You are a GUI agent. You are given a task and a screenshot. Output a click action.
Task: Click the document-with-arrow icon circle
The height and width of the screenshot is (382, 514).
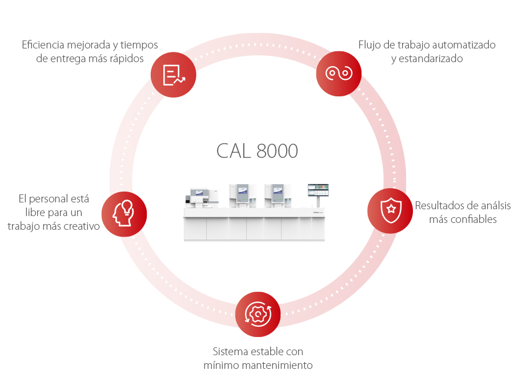coord(174,75)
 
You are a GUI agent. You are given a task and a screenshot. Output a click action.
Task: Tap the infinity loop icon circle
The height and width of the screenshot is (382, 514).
coord(339,74)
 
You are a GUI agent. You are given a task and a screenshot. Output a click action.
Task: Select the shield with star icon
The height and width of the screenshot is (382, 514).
coord(390,210)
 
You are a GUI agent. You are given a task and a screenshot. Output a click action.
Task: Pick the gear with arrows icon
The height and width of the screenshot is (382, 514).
coord(258,314)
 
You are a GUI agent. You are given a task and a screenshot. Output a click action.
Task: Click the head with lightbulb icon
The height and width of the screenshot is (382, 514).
coord(124,214)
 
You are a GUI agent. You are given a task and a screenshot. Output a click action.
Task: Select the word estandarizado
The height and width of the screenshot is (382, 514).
coord(427,58)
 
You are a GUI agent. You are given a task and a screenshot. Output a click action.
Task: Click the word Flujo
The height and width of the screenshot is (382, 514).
coord(370,44)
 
